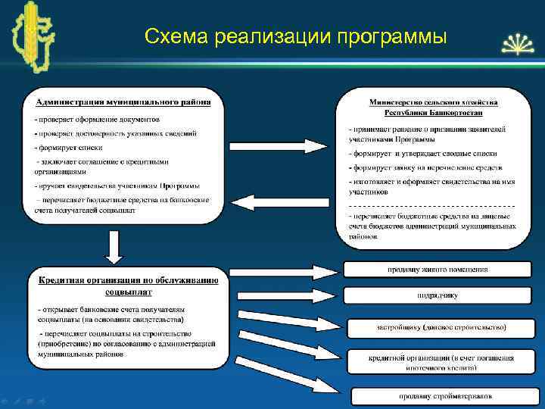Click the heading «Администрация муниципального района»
point(121,101)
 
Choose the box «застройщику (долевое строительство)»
point(442,327)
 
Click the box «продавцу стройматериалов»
point(446,396)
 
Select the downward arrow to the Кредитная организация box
point(114,246)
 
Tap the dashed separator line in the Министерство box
point(431,205)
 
